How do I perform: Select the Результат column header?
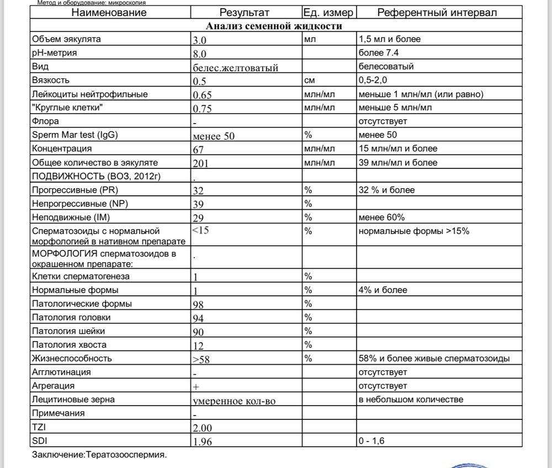click(245, 12)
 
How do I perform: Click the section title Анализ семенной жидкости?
click(274, 26)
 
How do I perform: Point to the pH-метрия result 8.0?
click(199, 54)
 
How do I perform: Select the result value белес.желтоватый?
click(235, 68)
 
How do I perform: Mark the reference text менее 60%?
click(381, 217)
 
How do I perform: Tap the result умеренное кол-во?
click(234, 401)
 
